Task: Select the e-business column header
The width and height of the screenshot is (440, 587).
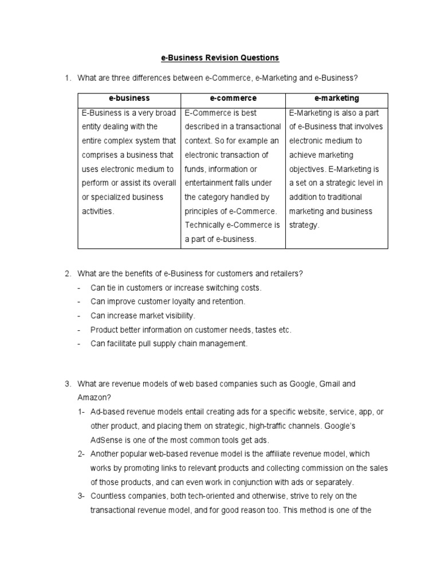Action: click(129, 99)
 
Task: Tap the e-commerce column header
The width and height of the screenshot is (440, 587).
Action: click(233, 99)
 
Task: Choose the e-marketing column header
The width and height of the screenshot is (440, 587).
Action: click(336, 99)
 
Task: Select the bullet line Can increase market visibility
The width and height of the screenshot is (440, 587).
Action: click(143, 315)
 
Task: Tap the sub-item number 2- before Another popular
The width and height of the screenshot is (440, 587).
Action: click(82, 453)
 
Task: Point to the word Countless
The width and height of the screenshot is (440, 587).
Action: click(109, 496)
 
